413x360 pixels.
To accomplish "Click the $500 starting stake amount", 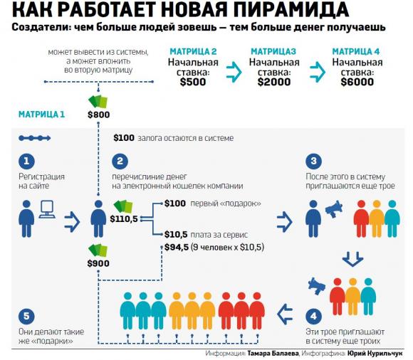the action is click(x=193, y=82).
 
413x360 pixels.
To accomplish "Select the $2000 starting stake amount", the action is click(x=274, y=82).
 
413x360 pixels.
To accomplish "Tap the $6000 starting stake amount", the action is click(x=357, y=82).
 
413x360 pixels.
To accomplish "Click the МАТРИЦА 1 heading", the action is click(x=41, y=115).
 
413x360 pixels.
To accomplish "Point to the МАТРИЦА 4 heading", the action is click(x=356, y=51).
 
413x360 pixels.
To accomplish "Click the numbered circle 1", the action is click(x=26, y=161).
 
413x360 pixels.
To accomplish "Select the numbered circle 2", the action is click(x=120, y=161).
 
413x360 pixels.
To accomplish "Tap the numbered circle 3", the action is click(x=313, y=161).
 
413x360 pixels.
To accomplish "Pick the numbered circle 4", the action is click(x=313, y=317).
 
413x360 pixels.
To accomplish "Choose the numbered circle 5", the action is click(x=26, y=317).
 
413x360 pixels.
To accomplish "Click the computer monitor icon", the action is click(x=47, y=209).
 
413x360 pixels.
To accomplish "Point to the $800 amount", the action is click(x=99, y=115).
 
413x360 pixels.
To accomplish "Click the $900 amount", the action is click(x=98, y=263).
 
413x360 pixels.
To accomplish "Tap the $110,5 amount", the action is click(x=124, y=219).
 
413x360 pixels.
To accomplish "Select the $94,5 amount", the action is click(x=177, y=248).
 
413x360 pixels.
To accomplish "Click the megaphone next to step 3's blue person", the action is click(x=334, y=209).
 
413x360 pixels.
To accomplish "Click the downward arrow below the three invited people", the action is click(x=352, y=259).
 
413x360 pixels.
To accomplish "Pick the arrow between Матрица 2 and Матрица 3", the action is click(x=234, y=72).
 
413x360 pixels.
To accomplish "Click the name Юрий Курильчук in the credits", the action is click(x=375, y=354).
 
